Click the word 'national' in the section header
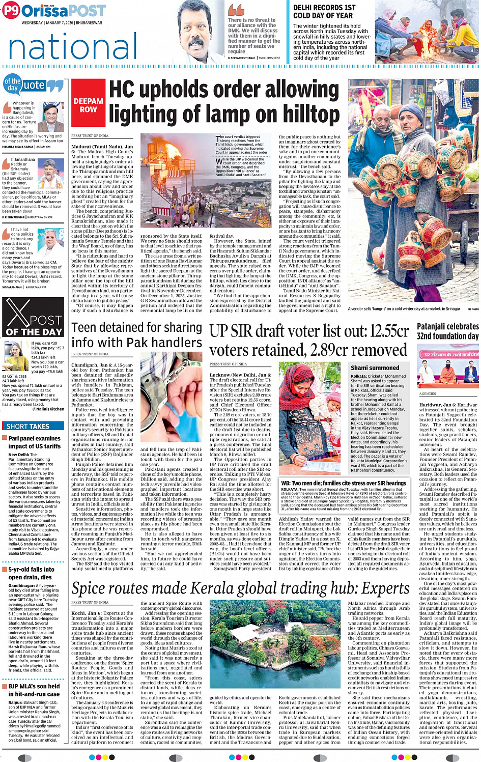click(x=73, y=47)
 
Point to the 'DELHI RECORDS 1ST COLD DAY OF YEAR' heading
click(x=324, y=12)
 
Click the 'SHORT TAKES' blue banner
click(x=29, y=426)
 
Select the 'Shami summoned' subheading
click(x=375, y=368)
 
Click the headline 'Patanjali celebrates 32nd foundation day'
click(x=447, y=331)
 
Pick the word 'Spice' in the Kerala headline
click(x=91, y=588)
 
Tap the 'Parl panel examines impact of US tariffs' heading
click(x=34, y=442)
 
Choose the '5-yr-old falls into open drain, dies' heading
click(x=31, y=573)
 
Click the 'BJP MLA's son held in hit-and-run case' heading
click(x=34, y=690)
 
